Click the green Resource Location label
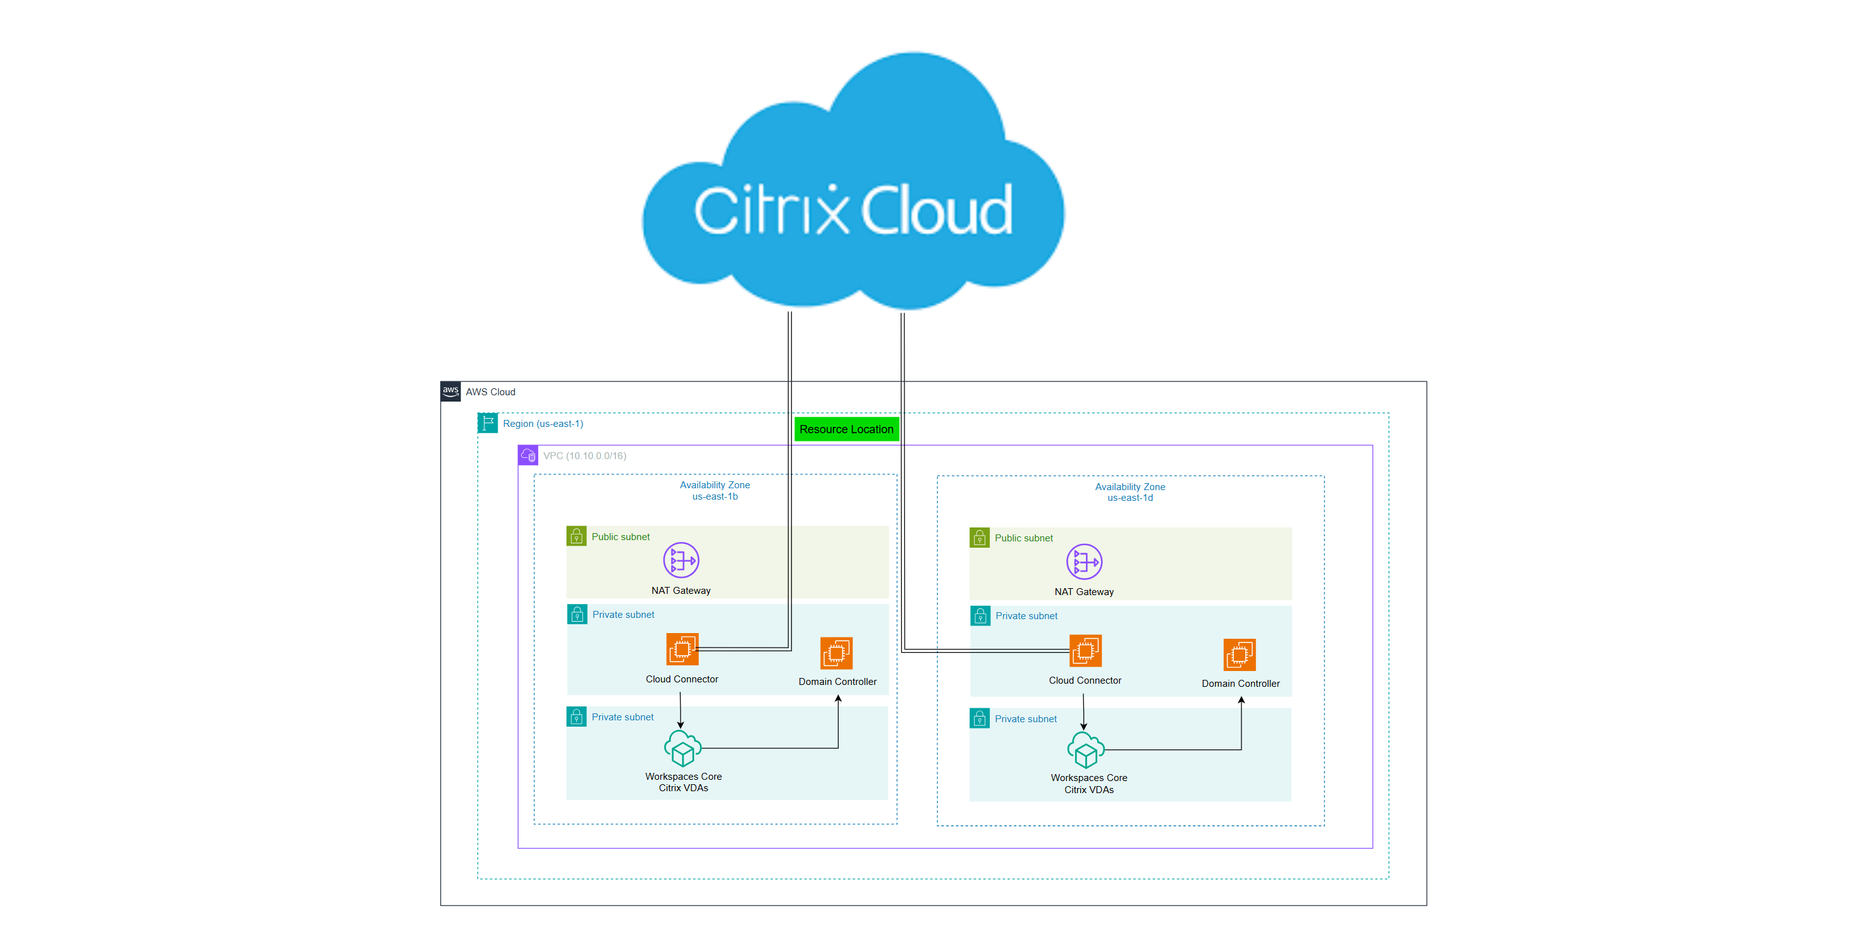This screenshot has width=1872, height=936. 846,429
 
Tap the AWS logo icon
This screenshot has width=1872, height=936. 450,391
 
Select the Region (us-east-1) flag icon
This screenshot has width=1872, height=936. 488,423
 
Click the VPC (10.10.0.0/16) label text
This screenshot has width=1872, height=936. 584,455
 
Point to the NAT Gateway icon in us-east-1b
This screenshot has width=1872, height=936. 681,560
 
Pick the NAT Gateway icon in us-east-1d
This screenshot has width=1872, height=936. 1083,562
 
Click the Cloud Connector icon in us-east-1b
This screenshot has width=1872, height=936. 682,649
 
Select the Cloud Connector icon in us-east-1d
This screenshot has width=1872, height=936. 1085,650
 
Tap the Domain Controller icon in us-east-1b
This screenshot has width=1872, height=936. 837,653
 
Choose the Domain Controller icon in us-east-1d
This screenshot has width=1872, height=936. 1239,654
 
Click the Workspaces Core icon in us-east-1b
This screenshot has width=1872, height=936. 682,749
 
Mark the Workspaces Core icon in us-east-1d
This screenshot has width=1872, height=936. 1085,750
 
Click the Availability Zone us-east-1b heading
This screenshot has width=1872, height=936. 715,491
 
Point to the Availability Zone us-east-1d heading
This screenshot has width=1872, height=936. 1130,492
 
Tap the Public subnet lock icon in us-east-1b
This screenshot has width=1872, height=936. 576,536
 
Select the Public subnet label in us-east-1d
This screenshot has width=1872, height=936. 1023,538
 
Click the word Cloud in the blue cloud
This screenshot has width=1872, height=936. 937,211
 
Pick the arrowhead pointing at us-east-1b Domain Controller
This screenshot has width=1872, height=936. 838,699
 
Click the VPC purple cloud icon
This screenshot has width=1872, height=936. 528,455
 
